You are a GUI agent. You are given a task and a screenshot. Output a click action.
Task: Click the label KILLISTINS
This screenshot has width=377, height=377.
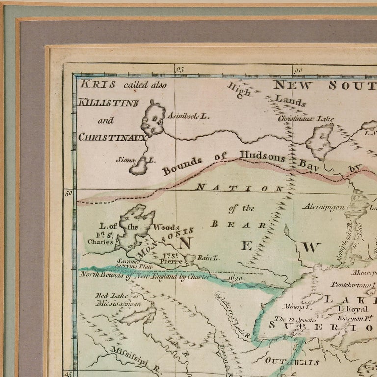pos(108,103)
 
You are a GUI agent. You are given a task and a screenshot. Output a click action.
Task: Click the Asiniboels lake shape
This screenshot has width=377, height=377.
pos(153,119)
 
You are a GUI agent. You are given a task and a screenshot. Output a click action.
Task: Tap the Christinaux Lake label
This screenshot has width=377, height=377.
pos(302,118)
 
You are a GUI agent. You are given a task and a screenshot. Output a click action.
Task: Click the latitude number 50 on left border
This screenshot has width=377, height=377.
pos(69,193)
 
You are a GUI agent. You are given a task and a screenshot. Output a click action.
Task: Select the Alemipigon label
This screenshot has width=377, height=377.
pos(322,207)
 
